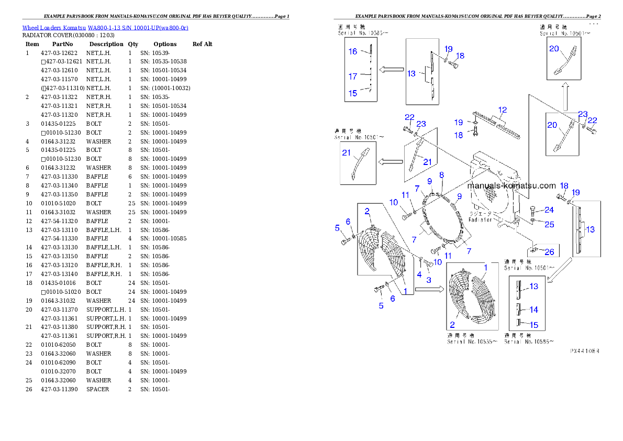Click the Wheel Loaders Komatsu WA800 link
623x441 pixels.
pyautogui.click(x=105, y=28)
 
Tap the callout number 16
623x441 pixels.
pyautogui.click(x=353, y=51)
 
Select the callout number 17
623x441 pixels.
pyautogui.click(x=353, y=76)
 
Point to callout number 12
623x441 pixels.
pyautogui.click(x=503, y=110)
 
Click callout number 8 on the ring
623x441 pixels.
pyautogui.click(x=441, y=174)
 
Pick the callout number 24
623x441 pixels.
pyautogui.click(x=549, y=210)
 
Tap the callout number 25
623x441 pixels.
pyautogui.click(x=549, y=225)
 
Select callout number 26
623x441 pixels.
pyautogui.click(x=549, y=252)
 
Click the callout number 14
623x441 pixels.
pyautogui.click(x=533, y=310)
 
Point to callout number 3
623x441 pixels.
pyautogui.click(x=428, y=280)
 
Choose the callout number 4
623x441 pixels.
pyautogui.click(x=419, y=274)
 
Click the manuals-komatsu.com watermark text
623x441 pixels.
pyautogui.click(x=511, y=185)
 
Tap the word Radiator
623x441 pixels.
pyautogui.click(x=481, y=220)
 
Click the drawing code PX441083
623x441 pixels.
pyautogui.click(x=584, y=351)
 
